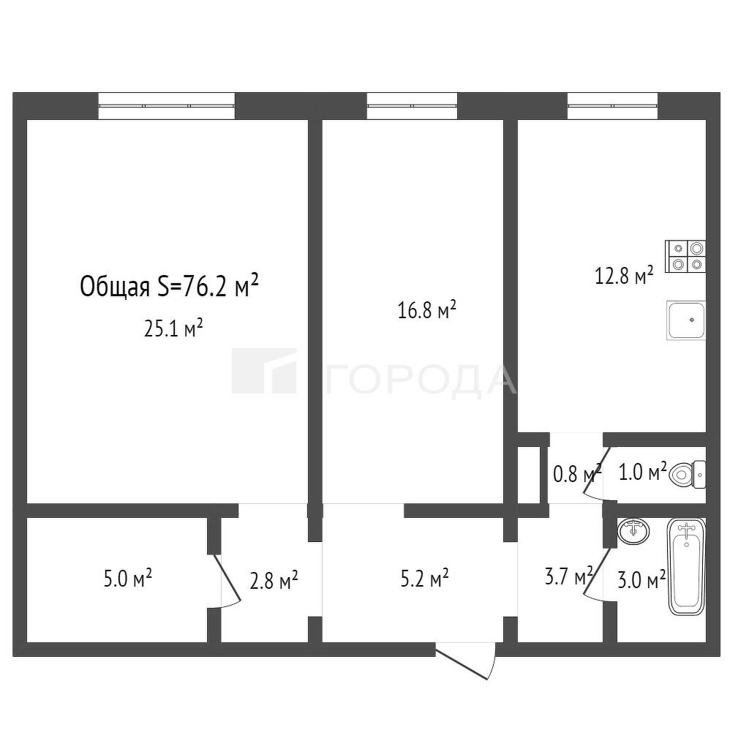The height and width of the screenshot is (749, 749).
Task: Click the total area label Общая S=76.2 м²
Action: pos(170,286)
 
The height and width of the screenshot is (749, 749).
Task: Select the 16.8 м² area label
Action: pos(427,309)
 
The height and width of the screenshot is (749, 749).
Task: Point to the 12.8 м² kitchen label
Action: pos(624,276)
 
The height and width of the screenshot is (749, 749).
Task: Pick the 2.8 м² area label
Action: pos(274,580)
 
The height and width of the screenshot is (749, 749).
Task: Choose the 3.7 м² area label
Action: pos(569,576)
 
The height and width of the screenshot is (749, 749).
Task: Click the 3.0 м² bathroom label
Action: pos(642,580)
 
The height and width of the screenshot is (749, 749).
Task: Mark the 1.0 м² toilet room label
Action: pos(643,473)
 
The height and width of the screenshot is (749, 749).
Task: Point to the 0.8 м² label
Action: pos(577,474)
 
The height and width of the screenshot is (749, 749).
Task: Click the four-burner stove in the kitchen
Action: pos(685,257)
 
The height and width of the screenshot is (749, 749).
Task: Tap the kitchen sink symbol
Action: pos(686,320)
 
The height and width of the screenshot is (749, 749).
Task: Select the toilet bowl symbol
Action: pos(688,474)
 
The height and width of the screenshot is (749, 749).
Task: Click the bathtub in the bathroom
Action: pos(686,567)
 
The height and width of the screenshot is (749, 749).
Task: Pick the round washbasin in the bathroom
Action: pos(633,531)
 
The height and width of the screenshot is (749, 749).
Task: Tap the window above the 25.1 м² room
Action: pos(167,105)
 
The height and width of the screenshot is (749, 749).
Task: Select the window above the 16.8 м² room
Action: pos(413,105)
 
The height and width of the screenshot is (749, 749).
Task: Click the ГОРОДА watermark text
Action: pos(421,380)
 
